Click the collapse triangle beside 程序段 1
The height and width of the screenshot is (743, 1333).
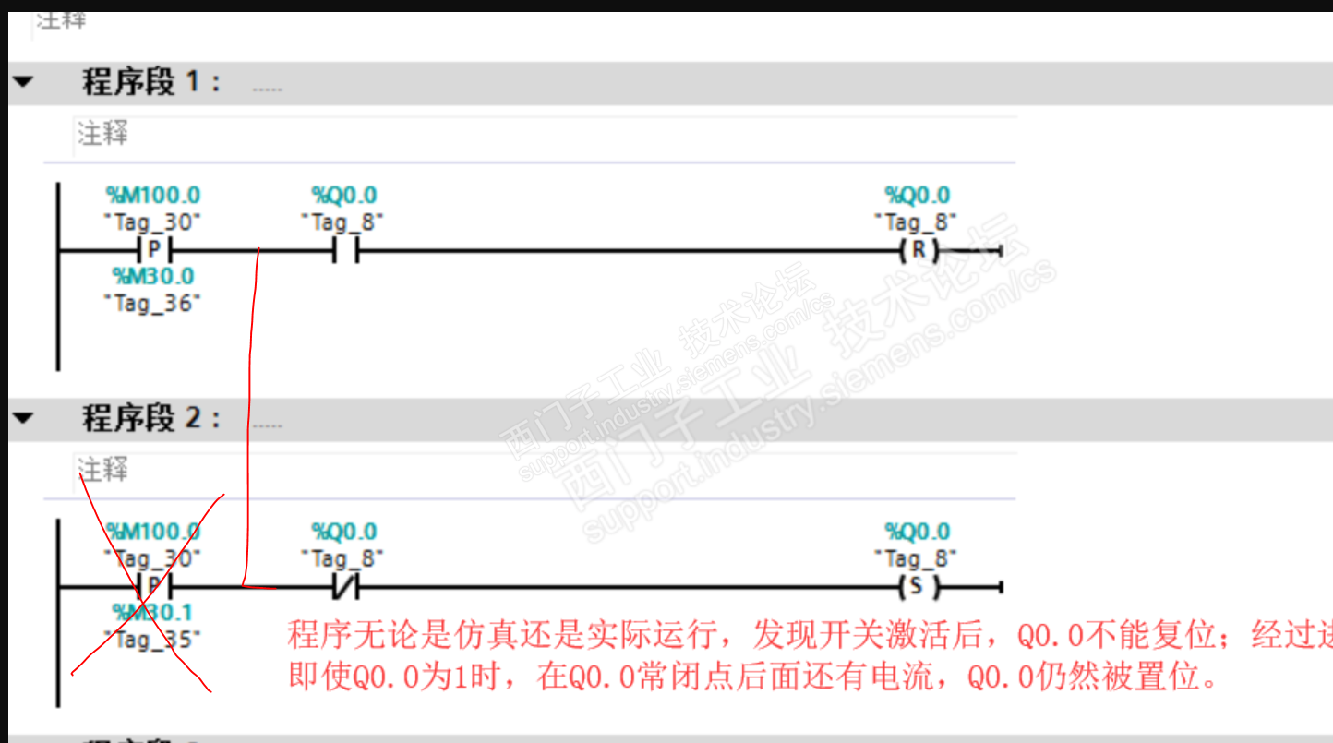click(x=23, y=82)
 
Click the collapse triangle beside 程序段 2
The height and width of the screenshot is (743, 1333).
click(x=23, y=418)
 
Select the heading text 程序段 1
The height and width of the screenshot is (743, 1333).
click(x=151, y=82)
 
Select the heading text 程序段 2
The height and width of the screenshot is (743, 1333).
click(x=151, y=418)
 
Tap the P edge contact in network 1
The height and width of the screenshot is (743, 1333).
click(x=154, y=250)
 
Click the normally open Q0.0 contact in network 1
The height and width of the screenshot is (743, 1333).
click(x=344, y=250)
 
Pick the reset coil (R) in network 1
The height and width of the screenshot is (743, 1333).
click(x=918, y=250)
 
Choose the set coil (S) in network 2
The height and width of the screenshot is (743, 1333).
click(x=918, y=586)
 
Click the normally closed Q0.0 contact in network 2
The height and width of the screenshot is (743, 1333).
click(x=344, y=586)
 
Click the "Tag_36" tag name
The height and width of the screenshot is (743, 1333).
click(x=153, y=303)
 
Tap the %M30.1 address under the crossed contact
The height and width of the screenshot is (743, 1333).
click(x=153, y=613)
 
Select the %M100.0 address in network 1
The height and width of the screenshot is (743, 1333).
click(x=153, y=196)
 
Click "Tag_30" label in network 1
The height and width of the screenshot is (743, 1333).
click(x=153, y=222)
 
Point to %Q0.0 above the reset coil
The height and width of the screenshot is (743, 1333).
click(x=917, y=196)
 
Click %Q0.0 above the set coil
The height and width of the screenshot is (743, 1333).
click(x=917, y=532)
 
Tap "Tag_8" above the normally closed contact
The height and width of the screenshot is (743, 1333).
click(x=342, y=558)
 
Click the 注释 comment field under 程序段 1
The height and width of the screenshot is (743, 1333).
click(x=103, y=134)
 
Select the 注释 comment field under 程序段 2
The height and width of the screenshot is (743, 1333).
click(x=103, y=470)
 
